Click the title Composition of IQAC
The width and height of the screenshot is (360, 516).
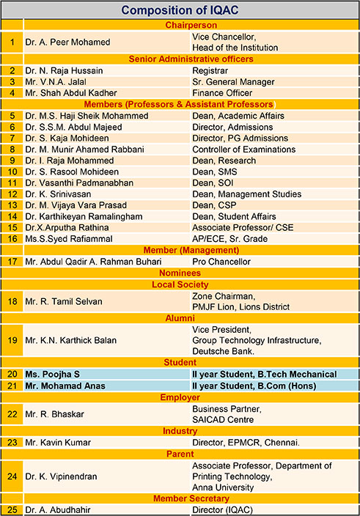click(180, 10)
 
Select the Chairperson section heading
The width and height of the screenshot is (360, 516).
click(180, 25)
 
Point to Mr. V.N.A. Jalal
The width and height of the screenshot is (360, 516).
click(61, 82)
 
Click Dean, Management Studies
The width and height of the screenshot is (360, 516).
click(246, 194)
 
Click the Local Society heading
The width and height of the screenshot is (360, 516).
click(180, 284)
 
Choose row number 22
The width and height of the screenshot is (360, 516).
click(12, 414)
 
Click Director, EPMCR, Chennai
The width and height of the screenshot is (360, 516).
click(246, 442)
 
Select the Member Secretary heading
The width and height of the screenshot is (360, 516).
click(180, 498)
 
